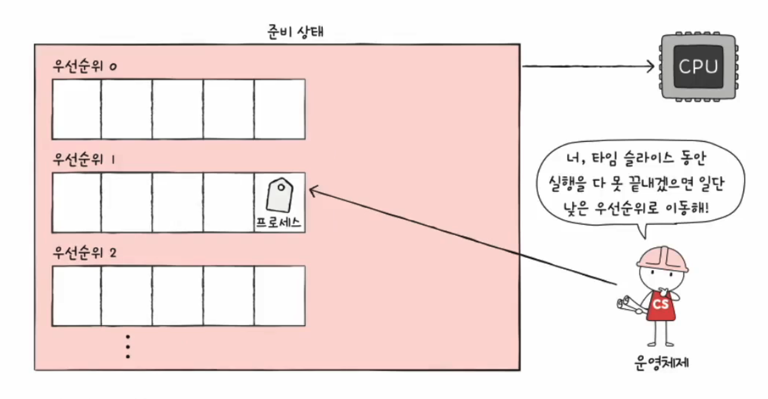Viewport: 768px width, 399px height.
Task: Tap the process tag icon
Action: tap(278, 196)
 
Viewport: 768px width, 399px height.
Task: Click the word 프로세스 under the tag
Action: tap(279, 223)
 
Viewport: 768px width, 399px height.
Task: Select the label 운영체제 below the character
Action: tap(662, 362)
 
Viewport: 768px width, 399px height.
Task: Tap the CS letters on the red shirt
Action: tap(661, 305)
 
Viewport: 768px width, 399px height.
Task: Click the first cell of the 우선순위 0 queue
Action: tap(77, 109)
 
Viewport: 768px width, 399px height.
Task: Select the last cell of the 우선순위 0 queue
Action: tap(279, 109)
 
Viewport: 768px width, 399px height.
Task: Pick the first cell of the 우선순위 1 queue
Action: tap(77, 202)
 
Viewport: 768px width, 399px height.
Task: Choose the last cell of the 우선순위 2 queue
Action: tap(279, 296)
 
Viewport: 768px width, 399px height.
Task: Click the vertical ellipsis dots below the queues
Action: tap(128, 346)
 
